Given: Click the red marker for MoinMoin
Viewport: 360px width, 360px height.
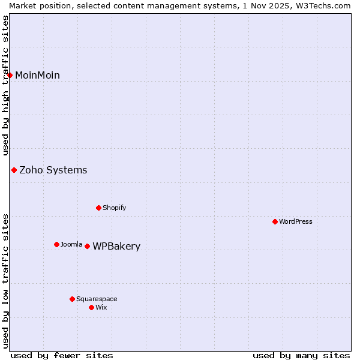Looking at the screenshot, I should [x=10, y=75].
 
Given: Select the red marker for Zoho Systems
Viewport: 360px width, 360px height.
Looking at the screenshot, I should [x=14, y=170].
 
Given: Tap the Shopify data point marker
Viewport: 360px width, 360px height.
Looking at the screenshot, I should [x=98, y=208].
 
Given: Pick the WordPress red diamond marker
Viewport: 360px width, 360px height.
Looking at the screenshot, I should [x=275, y=221].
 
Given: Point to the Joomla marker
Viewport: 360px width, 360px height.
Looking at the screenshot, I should [x=56, y=244].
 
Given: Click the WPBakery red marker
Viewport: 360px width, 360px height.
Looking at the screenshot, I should [x=87, y=246].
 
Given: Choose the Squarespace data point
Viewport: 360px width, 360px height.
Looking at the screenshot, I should [x=72, y=299].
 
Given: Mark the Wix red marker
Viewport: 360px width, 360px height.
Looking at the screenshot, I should [x=91, y=307].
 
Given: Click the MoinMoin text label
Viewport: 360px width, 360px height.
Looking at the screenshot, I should [x=37, y=75].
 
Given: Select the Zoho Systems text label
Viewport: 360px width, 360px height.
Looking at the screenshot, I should [x=53, y=170].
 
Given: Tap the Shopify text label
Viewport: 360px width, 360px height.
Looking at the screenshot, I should [x=114, y=208].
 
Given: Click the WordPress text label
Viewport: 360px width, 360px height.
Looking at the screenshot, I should [x=296, y=221].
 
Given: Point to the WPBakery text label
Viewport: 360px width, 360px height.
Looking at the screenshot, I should [x=116, y=246].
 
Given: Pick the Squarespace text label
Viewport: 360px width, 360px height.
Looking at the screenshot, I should [x=97, y=299].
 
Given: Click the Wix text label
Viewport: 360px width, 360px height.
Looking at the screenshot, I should [x=101, y=307].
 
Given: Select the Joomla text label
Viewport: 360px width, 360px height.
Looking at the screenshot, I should [x=71, y=244].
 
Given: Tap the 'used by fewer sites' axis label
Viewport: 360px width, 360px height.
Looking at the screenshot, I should [x=62, y=355].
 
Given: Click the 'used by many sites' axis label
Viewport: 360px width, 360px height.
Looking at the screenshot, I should [x=301, y=355].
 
